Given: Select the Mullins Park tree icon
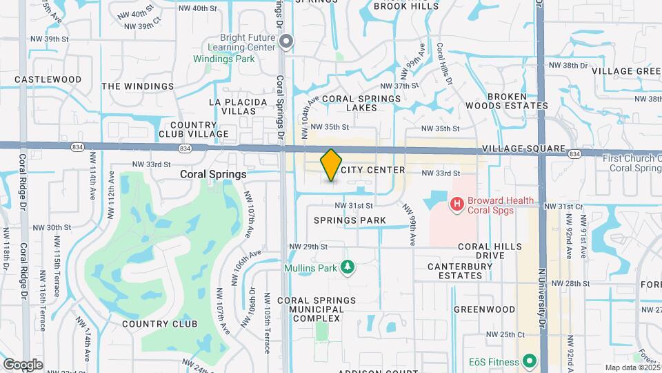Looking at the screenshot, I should pos(348,267).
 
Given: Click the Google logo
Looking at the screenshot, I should pos(23,365).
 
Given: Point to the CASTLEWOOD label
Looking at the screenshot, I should pos(48,79).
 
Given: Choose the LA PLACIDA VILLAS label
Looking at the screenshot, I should pos(238,106).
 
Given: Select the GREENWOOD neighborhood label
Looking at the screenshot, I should pos(484,309).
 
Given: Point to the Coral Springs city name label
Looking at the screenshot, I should pos(213,174).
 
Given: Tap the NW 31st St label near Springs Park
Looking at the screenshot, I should pos(354,206).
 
